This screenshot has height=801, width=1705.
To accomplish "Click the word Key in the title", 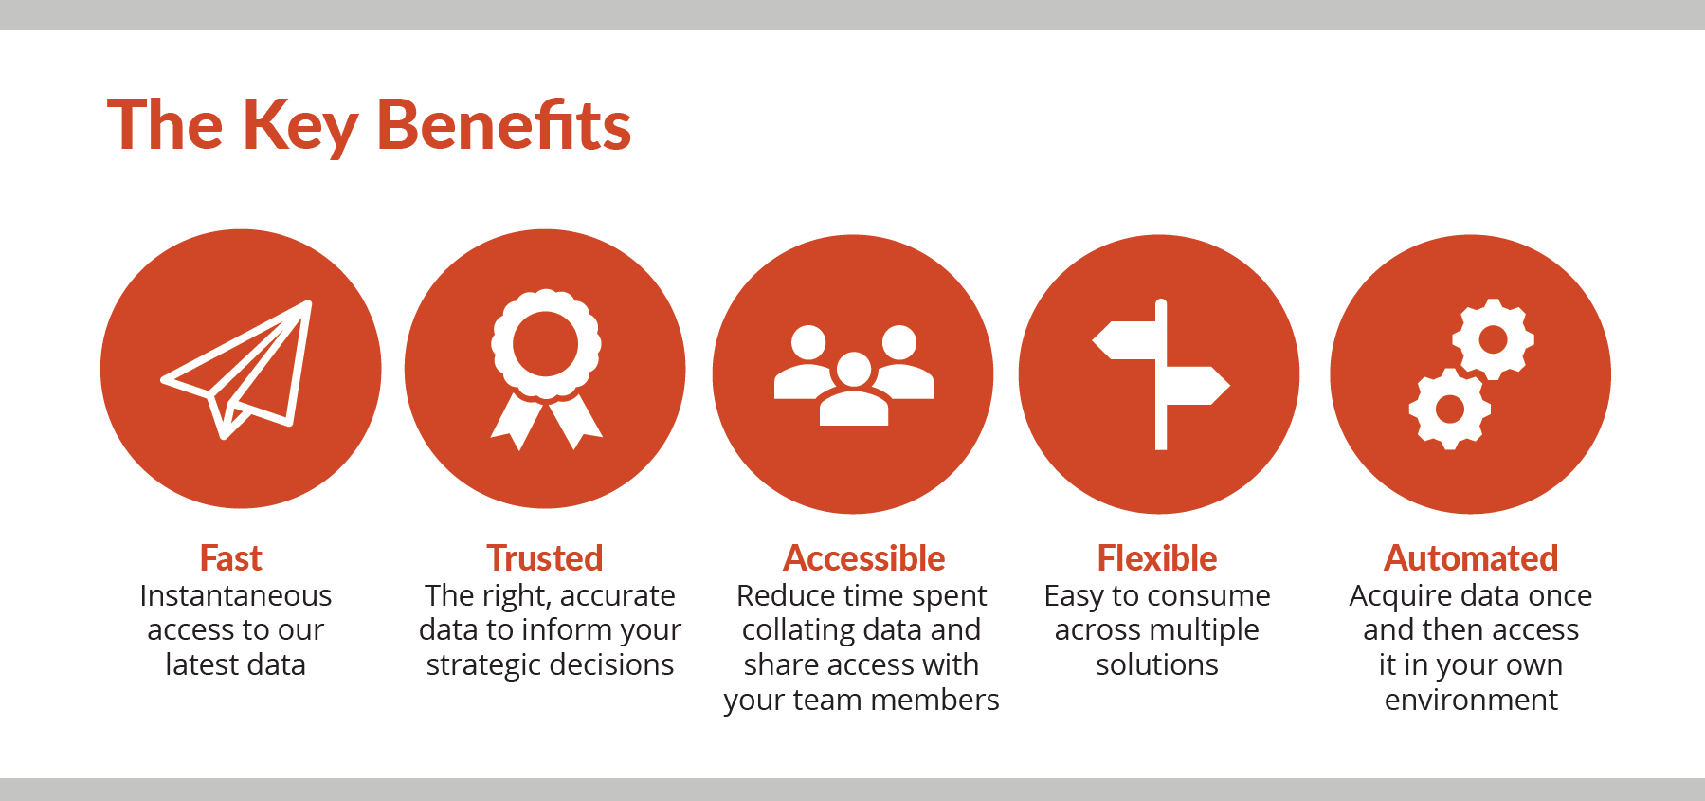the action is [x=300, y=127].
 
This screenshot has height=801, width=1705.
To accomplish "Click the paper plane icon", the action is [x=237, y=370].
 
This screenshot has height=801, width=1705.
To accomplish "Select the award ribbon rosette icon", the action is [x=546, y=370].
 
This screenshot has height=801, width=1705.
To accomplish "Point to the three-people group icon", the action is [x=854, y=375].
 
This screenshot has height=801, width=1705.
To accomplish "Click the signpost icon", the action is [x=1161, y=375].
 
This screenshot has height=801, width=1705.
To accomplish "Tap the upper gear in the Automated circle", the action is [x=1493, y=338].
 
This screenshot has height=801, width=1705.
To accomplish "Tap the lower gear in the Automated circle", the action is [x=1449, y=409].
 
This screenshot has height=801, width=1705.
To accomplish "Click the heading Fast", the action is [x=231, y=558].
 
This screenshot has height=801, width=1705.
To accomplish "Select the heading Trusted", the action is [x=545, y=558].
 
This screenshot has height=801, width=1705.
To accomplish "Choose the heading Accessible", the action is [x=864, y=558].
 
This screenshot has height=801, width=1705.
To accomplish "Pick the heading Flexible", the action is [x=1157, y=558].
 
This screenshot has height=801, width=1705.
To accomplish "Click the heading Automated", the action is [x=1472, y=558].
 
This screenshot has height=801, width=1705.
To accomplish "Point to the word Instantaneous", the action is [x=236, y=595].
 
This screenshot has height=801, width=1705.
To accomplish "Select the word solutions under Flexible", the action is [x=1157, y=664].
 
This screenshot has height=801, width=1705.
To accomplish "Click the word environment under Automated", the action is [x=1471, y=700].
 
